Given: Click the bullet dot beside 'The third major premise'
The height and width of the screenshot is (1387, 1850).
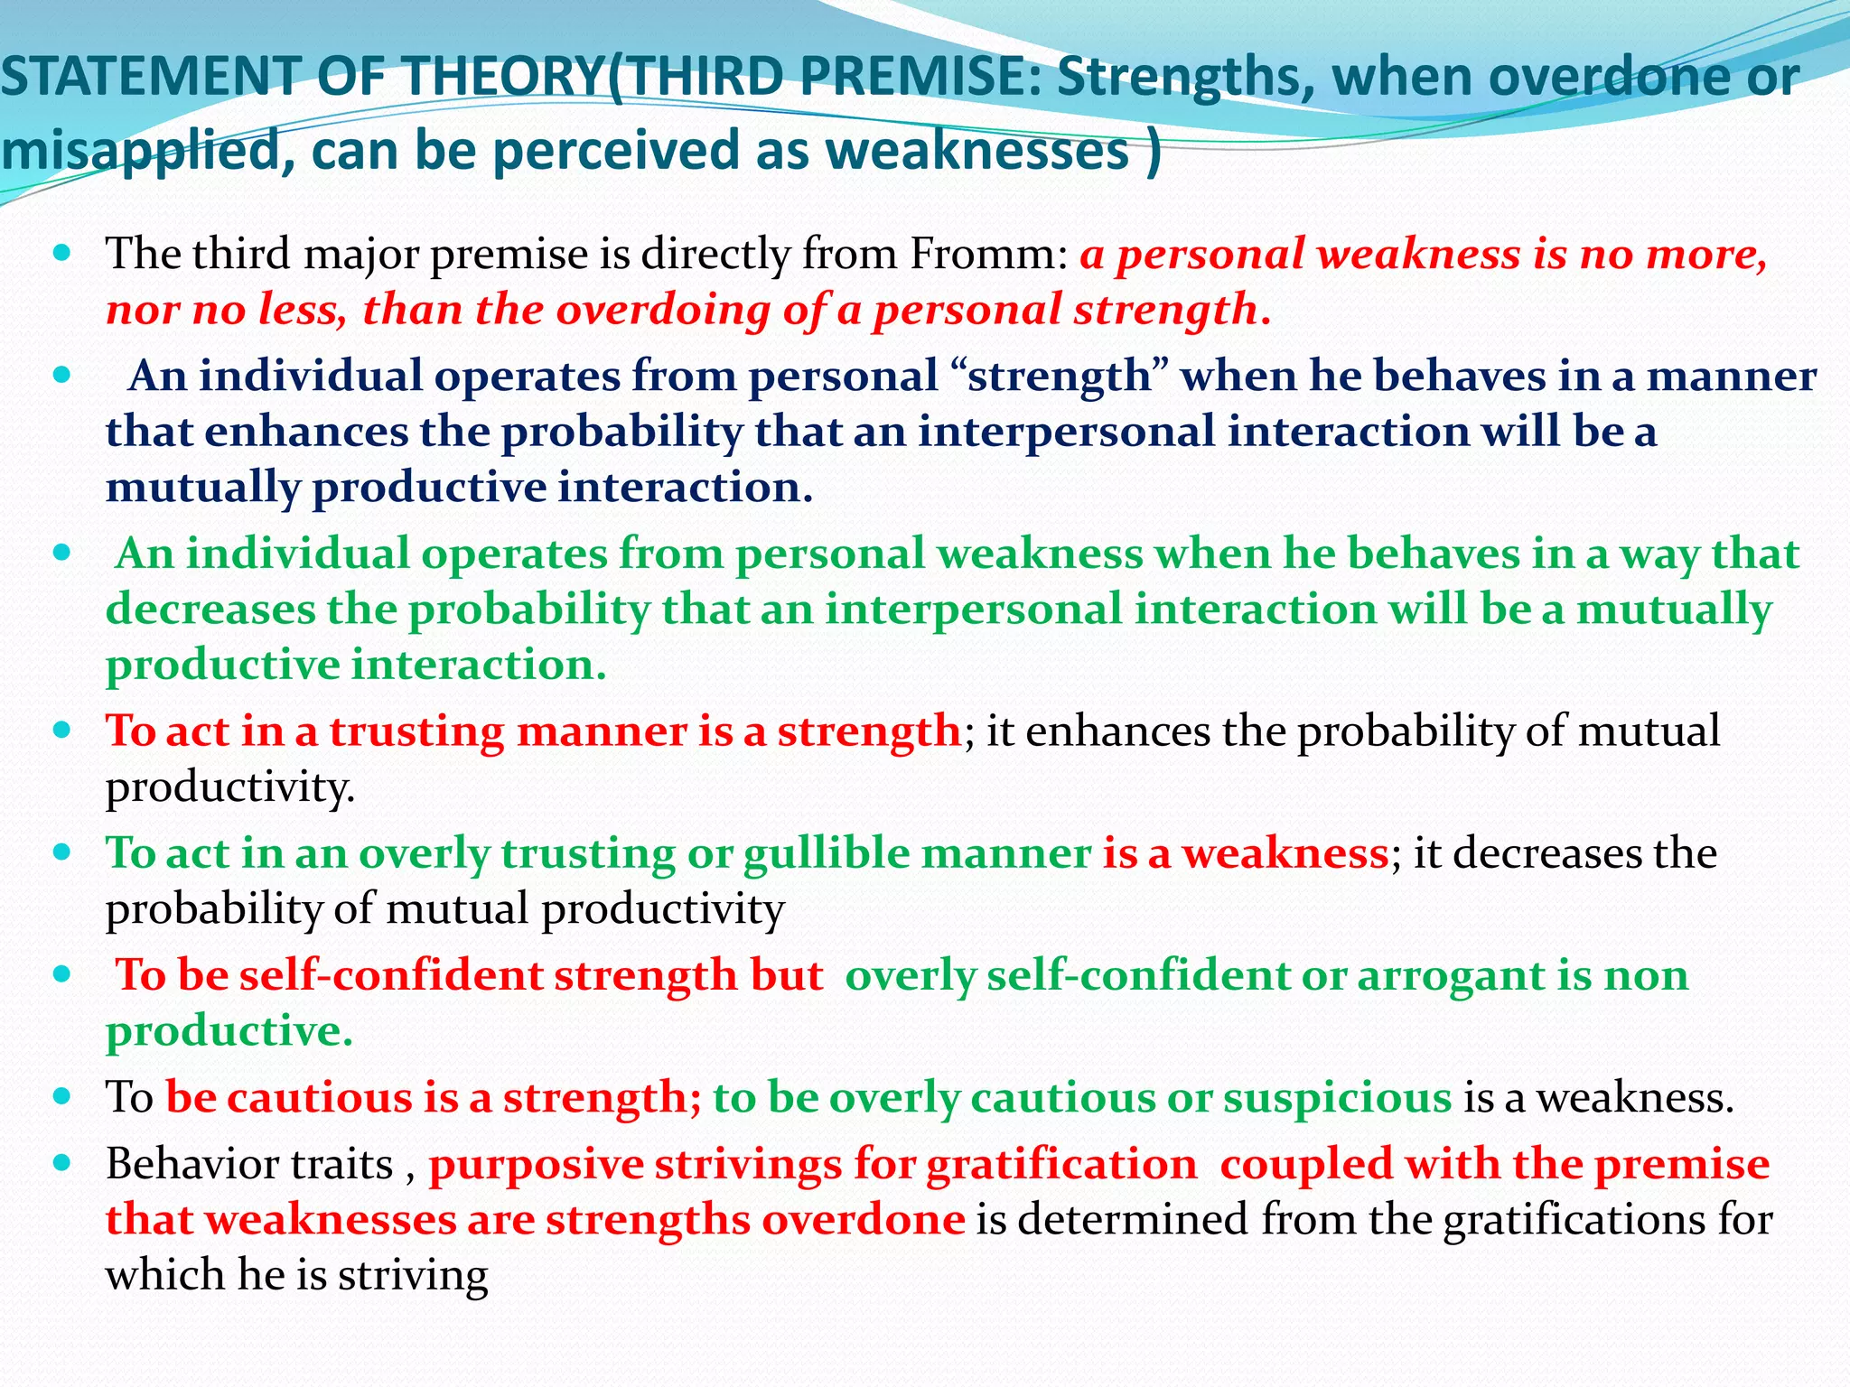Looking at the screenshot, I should point(61,254).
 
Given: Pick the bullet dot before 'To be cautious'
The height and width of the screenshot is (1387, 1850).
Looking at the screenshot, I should point(61,1097).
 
